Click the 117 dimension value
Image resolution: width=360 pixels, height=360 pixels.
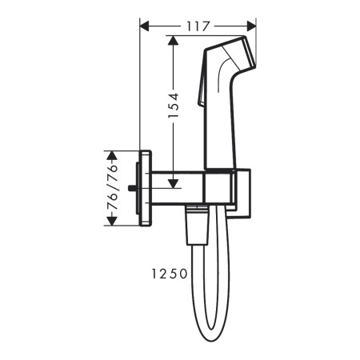[199, 26]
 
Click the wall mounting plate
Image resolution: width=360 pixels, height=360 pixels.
[146, 188]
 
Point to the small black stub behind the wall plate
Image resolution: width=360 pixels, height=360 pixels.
[131, 189]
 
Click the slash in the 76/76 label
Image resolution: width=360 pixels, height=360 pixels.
[114, 188]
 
